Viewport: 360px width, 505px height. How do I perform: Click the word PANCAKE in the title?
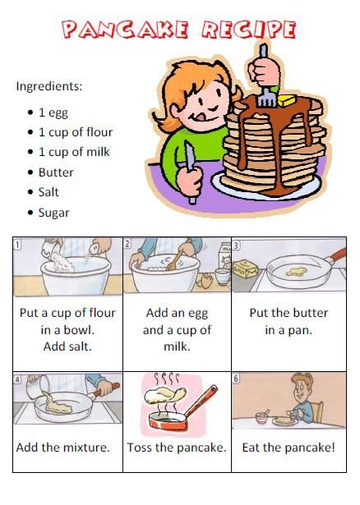pyautogui.click(x=125, y=30)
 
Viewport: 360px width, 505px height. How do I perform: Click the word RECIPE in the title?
pyautogui.click(x=248, y=30)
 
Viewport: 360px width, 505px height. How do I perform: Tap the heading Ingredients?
pyautogui.click(x=49, y=86)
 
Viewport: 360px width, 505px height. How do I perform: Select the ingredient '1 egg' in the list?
pyautogui.click(x=53, y=112)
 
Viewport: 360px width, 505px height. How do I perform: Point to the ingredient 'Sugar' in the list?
pyautogui.click(x=53, y=213)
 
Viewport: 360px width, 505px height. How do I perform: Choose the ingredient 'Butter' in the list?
pyautogui.click(x=56, y=172)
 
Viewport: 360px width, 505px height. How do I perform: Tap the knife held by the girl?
pyautogui.click(x=190, y=172)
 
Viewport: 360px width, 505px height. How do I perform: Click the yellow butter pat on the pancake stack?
pyautogui.click(x=286, y=100)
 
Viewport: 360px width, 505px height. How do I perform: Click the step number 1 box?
pyautogui.click(x=17, y=245)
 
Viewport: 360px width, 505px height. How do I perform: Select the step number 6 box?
pyautogui.click(x=236, y=378)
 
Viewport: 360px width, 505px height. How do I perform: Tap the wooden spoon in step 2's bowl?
pyautogui.click(x=174, y=260)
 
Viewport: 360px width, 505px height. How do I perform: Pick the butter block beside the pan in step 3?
pyautogui.click(x=246, y=269)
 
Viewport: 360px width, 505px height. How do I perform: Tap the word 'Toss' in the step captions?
pyautogui.click(x=140, y=448)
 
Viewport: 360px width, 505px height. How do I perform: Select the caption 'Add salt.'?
pyautogui.click(x=67, y=347)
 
